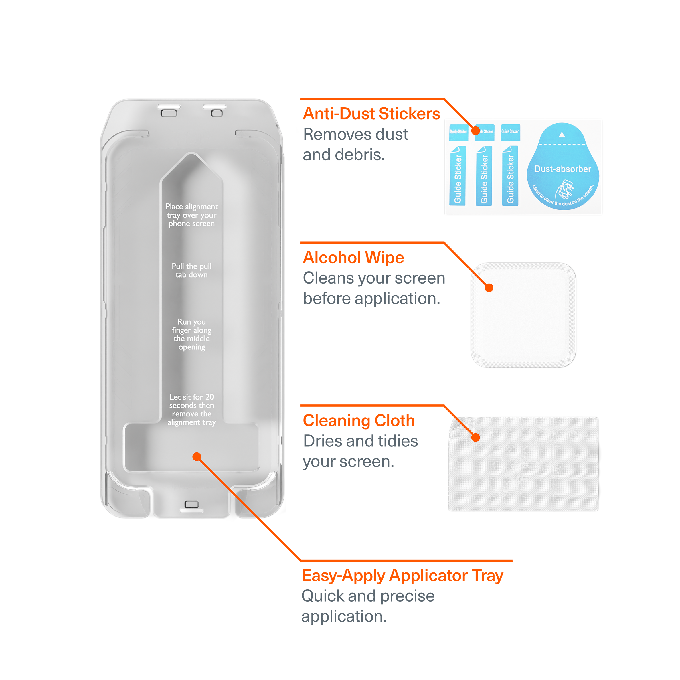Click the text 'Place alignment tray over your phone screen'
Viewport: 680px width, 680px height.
[x=191, y=215]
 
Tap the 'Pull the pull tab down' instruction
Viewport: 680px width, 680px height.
[x=191, y=270]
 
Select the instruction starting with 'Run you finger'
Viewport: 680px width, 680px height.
[x=191, y=334]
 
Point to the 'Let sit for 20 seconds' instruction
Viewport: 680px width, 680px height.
[x=191, y=409]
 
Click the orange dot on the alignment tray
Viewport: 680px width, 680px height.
[x=197, y=456]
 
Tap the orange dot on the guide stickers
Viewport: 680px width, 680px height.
[x=475, y=131]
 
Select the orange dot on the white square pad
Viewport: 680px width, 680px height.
[x=489, y=288]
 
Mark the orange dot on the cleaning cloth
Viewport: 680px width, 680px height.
[x=475, y=438]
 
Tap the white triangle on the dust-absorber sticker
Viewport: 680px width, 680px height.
[x=562, y=135]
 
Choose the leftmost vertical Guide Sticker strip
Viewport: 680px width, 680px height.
[x=458, y=176]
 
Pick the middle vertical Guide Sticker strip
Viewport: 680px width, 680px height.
[x=484, y=176]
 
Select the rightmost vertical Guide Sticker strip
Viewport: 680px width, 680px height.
[x=510, y=176]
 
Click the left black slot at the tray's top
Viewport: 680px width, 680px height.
[x=169, y=107]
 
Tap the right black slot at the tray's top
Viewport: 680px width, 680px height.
[x=214, y=107]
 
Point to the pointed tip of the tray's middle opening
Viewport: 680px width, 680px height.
[x=191, y=155]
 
